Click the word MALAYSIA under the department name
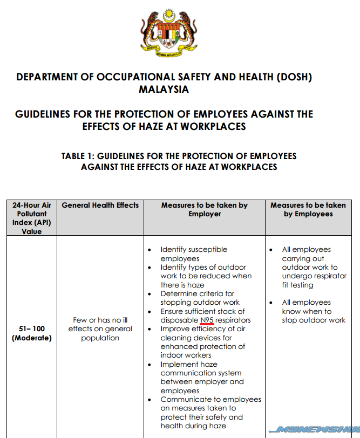tap(164, 90)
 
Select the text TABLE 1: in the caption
tap(78, 156)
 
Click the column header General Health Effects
tap(100, 206)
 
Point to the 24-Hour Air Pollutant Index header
tap(32, 218)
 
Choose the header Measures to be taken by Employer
tap(205, 209)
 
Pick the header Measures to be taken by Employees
tap(308, 209)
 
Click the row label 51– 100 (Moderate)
tap(32, 333)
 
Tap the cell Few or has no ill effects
tap(100, 329)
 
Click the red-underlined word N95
tap(207, 320)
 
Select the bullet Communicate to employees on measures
tap(208, 413)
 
